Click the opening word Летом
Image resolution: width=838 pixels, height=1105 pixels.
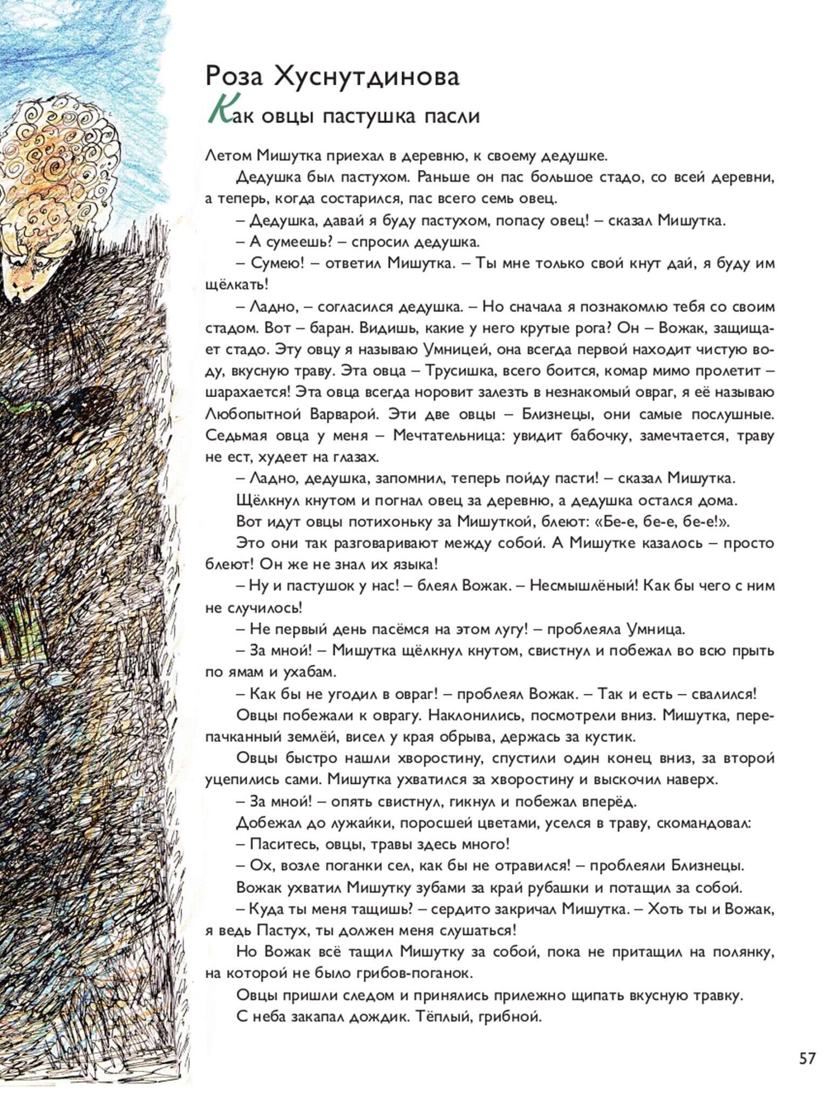(x=229, y=156)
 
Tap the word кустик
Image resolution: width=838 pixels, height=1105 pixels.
(x=607, y=736)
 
